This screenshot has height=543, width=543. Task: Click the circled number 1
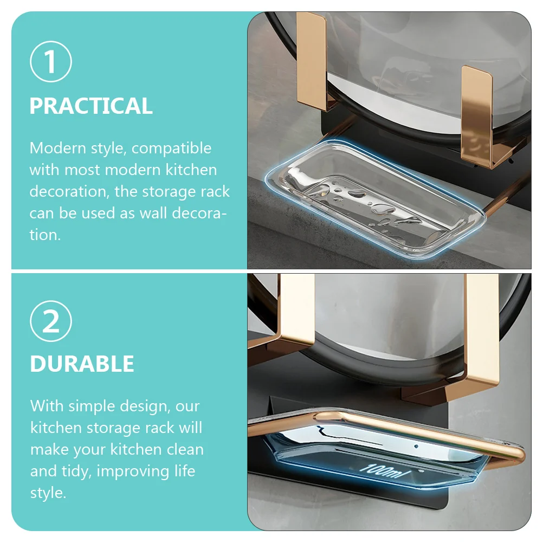(x=51, y=62)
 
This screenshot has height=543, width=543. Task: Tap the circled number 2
(x=51, y=321)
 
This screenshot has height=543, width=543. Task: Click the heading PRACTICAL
(x=90, y=106)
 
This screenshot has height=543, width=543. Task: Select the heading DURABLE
(x=82, y=364)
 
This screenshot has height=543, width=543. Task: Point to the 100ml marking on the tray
(x=384, y=471)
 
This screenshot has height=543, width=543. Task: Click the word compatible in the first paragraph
(x=171, y=148)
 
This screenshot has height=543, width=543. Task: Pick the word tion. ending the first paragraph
(x=45, y=235)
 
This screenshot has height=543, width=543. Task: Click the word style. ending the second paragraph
(x=48, y=493)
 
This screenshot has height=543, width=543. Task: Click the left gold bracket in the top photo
(x=312, y=62)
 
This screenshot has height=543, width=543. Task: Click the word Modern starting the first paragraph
(x=57, y=148)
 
